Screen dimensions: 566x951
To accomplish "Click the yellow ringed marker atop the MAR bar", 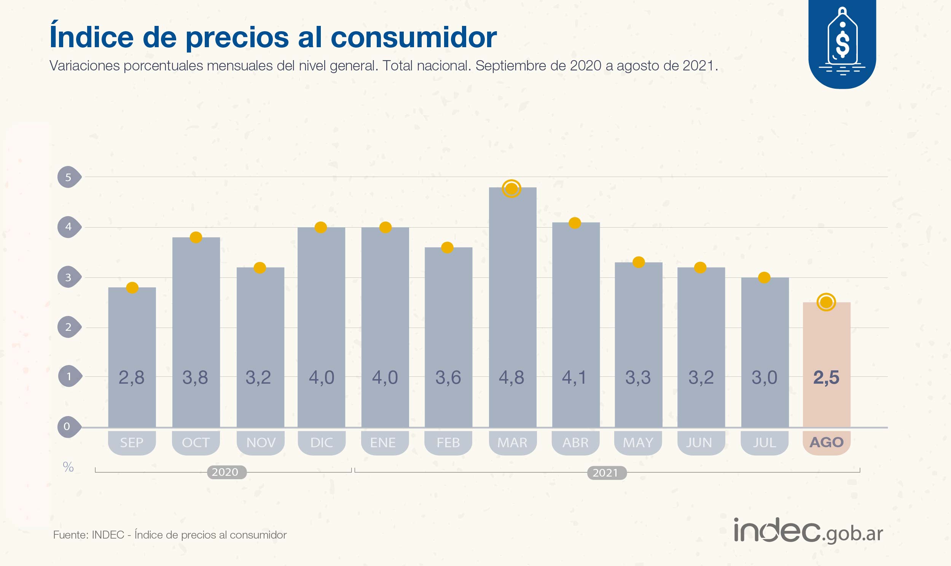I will [x=511, y=188].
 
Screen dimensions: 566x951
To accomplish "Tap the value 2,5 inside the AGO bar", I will [x=826, y=378].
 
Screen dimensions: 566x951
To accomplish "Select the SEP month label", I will [x=132, y=442].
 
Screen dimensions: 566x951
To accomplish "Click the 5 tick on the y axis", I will [x=68, y=177].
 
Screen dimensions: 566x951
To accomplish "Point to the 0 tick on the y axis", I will [x=67, y=426].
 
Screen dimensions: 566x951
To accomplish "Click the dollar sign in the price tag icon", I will [x=842, y=43].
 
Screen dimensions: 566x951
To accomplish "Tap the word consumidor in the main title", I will [x=413, y=37].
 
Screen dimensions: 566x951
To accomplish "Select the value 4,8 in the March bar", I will [x=511, y=378].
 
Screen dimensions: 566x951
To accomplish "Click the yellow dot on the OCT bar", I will [x=196, y=237].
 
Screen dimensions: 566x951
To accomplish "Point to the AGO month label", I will [x=826, y=442].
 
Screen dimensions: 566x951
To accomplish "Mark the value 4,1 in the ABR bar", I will [x=574, y=378].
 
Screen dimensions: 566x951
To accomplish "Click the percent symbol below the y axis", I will [x=68, y=467].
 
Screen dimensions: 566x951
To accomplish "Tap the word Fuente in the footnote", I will [x=70, y=535].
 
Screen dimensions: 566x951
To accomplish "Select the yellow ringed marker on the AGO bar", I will [x=826, y=303].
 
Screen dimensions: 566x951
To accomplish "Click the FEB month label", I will [x=448, y=442].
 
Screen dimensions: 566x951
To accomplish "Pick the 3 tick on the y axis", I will [x=68, y=277].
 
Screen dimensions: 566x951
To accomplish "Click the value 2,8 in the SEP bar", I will [x=132, y=378].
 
